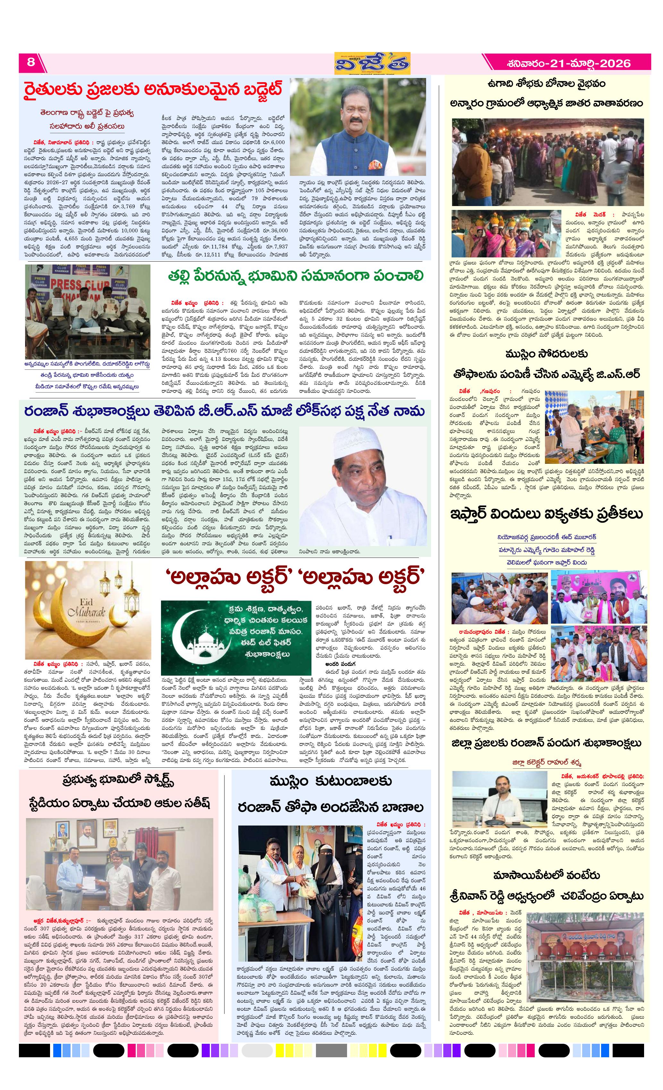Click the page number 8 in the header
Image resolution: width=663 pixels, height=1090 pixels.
pos(30,62)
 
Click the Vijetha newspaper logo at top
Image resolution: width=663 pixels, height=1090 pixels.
pos(372,64)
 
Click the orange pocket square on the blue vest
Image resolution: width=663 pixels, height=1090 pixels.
pos(375,165)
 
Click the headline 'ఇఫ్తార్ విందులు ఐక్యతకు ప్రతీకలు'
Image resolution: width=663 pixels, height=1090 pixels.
pos(546,514)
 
